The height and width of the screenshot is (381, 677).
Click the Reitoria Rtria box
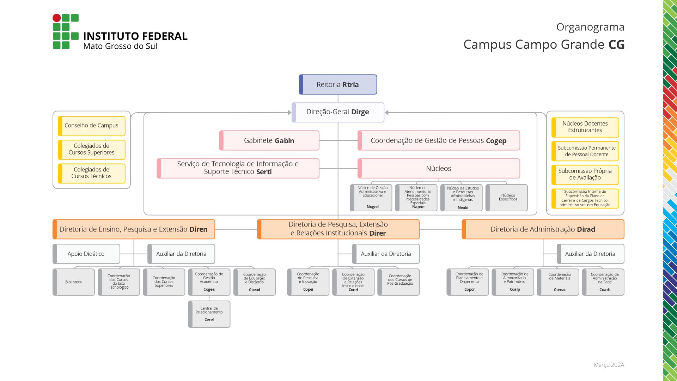pos(338,85)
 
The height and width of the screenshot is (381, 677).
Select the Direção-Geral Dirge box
pos(338,112)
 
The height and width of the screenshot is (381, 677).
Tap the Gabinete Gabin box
pos(269,140)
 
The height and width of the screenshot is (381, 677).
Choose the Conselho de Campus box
pos(91,126)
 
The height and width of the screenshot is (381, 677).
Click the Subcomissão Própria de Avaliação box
pos(585,175)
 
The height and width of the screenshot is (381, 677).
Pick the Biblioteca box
pos(74,282)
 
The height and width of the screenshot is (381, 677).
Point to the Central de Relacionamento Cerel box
pos(209,314)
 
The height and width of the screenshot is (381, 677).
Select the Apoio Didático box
pos(86,254)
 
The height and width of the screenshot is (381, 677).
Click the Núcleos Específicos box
pos(507,198)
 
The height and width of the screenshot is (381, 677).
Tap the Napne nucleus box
pos(416,198)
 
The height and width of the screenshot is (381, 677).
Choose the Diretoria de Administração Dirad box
pos(543,229)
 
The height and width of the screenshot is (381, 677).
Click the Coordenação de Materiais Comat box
pos(558,282)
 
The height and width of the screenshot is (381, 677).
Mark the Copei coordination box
pos(308,282)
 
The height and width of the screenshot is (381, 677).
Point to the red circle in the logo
pos(56,18)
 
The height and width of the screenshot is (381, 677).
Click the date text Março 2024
pos(609,365)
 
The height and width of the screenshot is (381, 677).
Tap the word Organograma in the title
pos(590,27)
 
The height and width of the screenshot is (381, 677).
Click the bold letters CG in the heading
pos(616,45)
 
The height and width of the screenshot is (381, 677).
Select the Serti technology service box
pos(238,168)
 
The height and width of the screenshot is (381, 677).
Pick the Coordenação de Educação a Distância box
pos(255,282)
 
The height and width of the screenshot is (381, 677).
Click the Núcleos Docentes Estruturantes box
pos(585,127)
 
